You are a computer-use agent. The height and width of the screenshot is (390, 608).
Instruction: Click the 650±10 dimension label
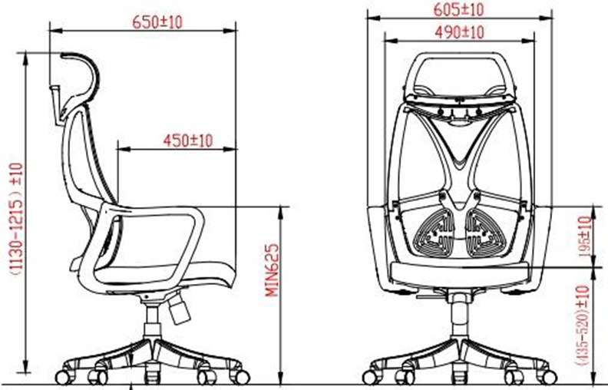point(157,22)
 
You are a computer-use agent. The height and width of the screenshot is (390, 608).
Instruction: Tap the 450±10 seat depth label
point(188,140)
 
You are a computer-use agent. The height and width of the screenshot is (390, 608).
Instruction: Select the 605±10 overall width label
point(459,10)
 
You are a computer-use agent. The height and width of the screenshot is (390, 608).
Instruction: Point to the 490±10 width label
point(460,32)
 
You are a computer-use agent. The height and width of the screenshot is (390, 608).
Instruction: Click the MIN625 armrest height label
point(273,269)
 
